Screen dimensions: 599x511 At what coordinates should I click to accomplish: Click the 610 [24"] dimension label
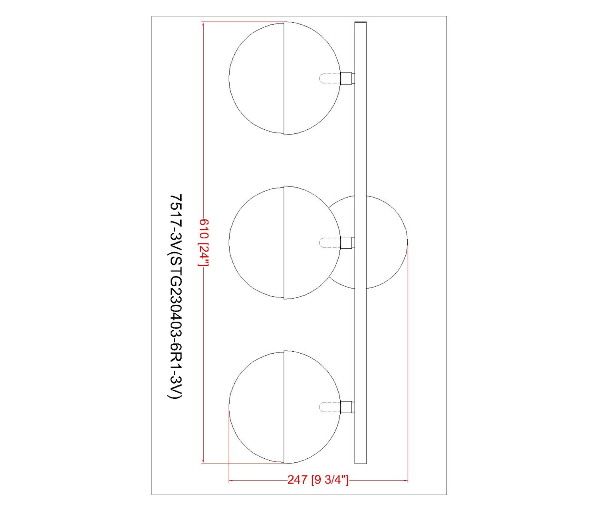[203, 242]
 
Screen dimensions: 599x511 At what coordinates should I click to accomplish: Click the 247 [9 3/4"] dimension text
[318, 480]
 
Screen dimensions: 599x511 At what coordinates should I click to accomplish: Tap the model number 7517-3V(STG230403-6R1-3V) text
[176, 297]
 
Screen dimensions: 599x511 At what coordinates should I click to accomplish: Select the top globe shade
[284, 78]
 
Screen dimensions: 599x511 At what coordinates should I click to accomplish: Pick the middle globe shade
[284, 242]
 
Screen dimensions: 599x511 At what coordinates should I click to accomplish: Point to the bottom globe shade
[284, 407]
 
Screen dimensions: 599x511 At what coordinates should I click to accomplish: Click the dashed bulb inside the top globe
[330, 78]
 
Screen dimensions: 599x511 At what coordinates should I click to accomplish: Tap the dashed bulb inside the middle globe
[330, 242]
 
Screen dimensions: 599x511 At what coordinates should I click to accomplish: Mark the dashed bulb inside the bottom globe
[330, 407]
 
